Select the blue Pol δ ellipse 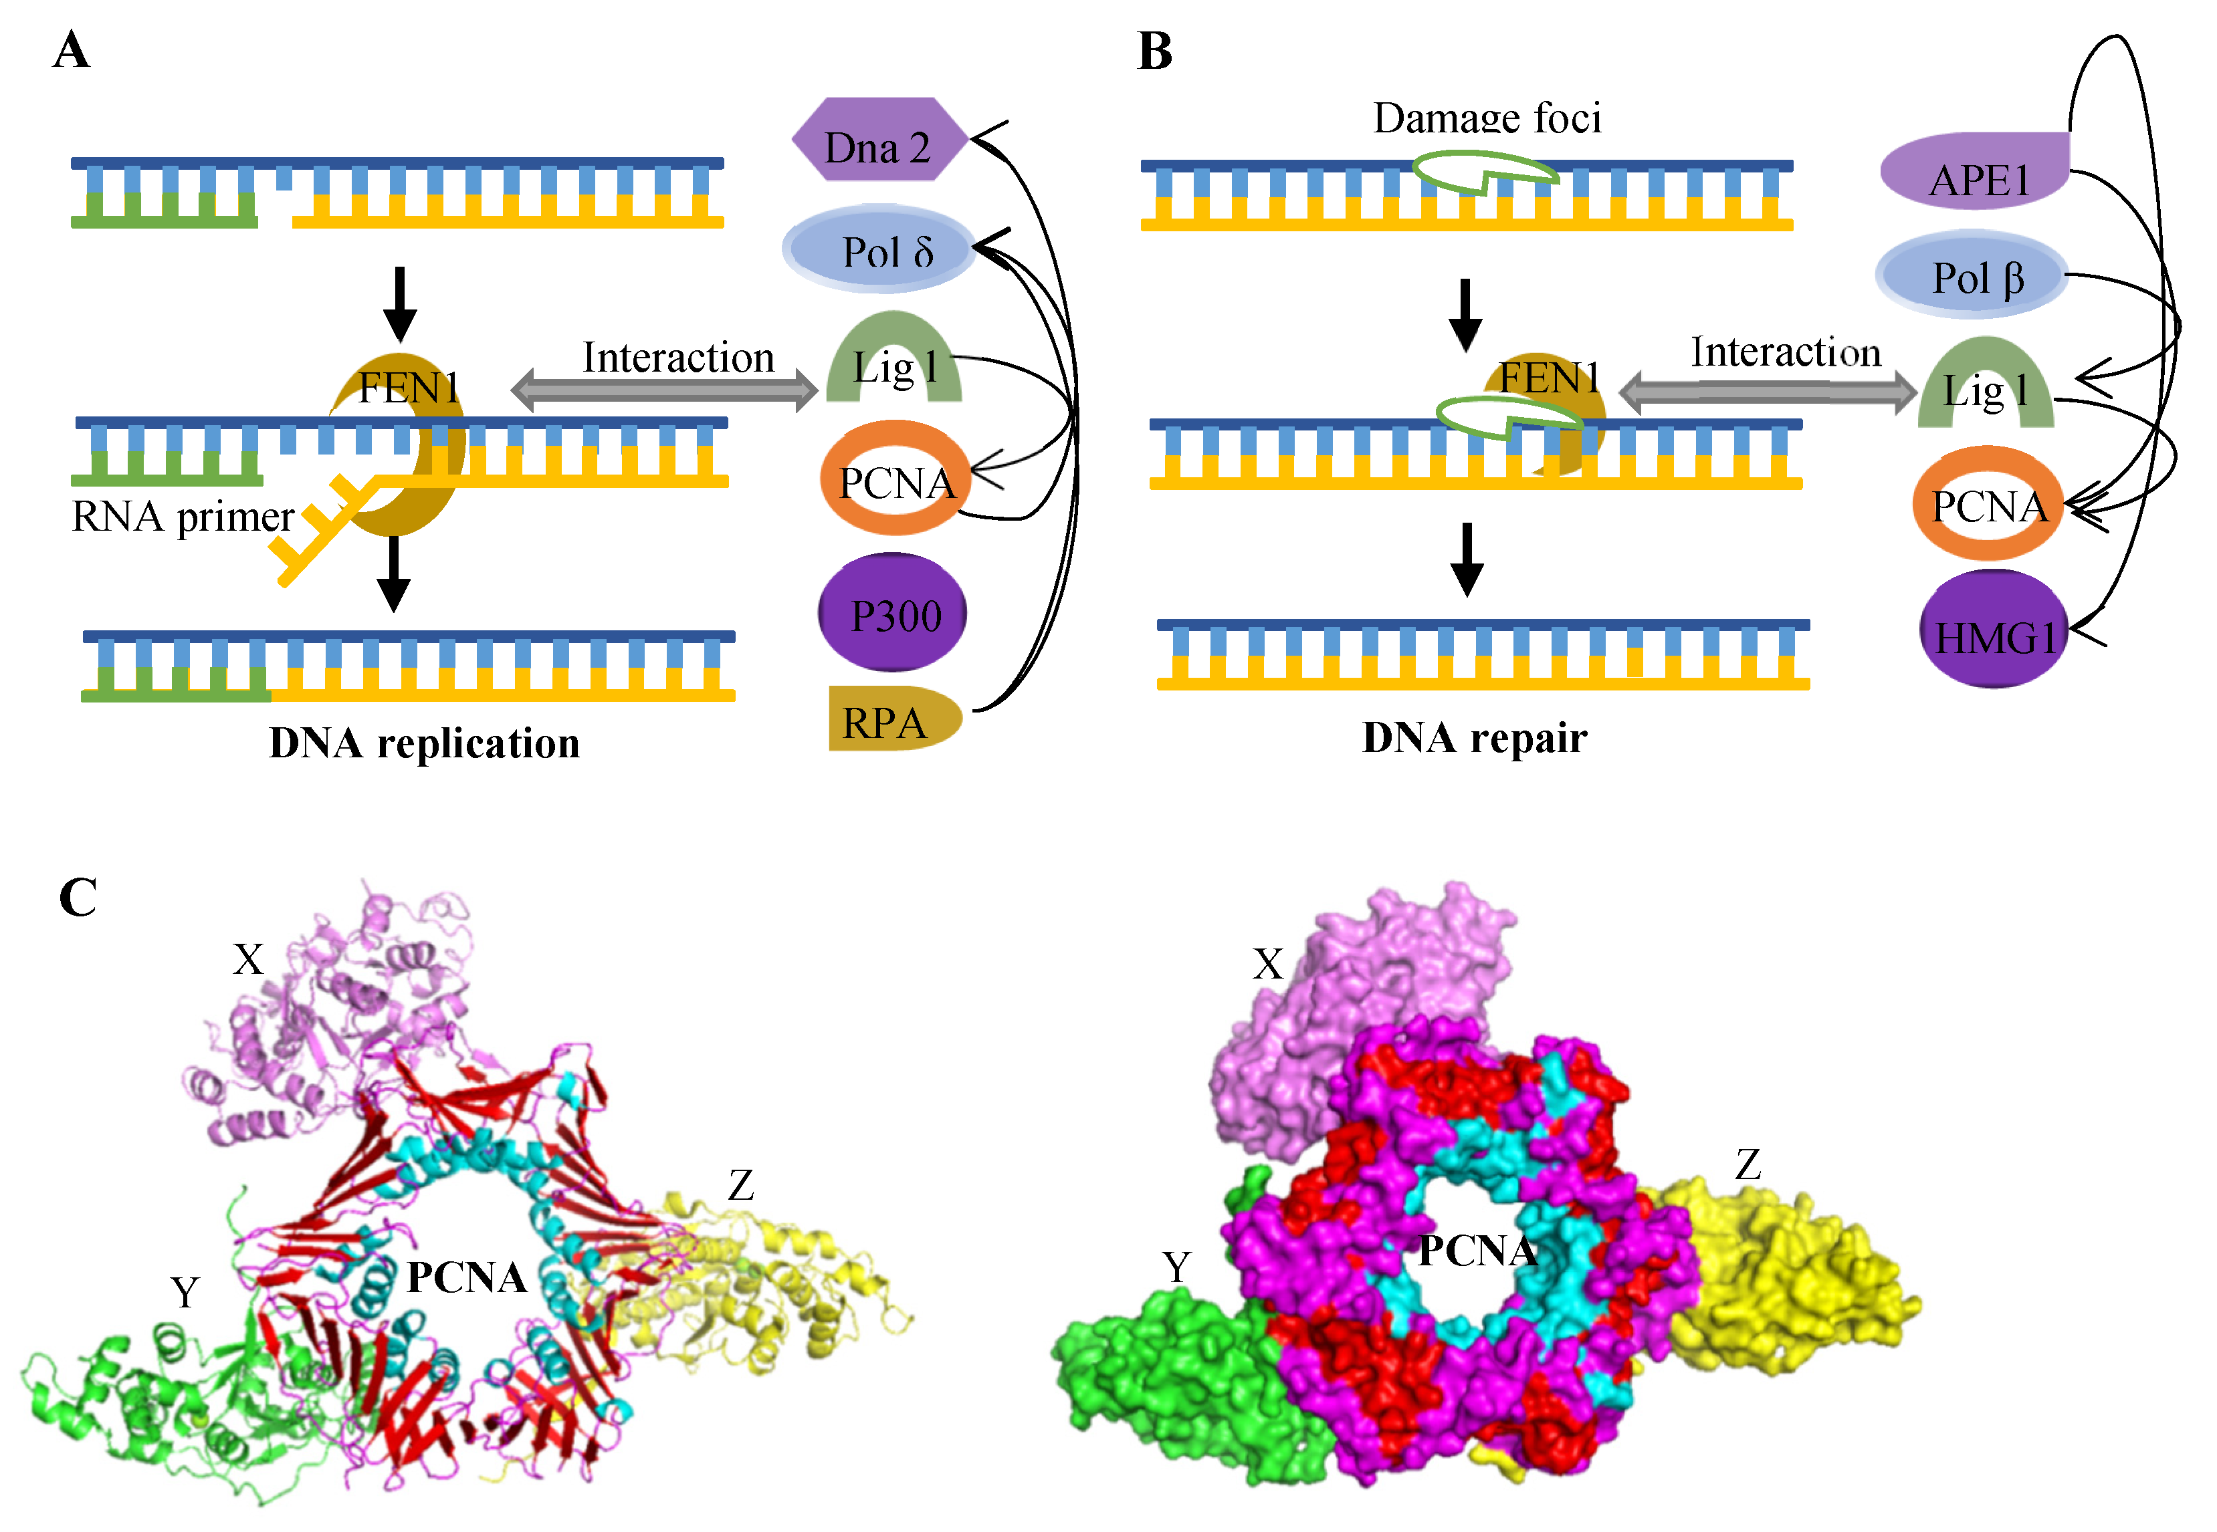(x=879, y=249)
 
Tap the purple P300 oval (x=892, y=614)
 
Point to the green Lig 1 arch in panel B (x=1985, y=384)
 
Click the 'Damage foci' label (x=1486, y=119)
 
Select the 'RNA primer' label (x=183, y=517)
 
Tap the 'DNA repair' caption (x=1474, y=738)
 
